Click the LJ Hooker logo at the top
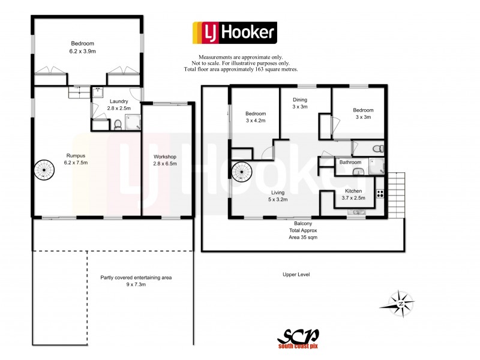234,32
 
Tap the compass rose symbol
399,303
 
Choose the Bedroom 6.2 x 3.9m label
82,47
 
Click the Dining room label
300,103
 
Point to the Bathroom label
350,162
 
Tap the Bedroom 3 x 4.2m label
255,116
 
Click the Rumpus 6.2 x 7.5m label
76,159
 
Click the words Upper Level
296,274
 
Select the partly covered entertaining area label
136,281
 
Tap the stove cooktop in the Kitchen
379,194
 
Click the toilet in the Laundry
118,125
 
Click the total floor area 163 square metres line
241,70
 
